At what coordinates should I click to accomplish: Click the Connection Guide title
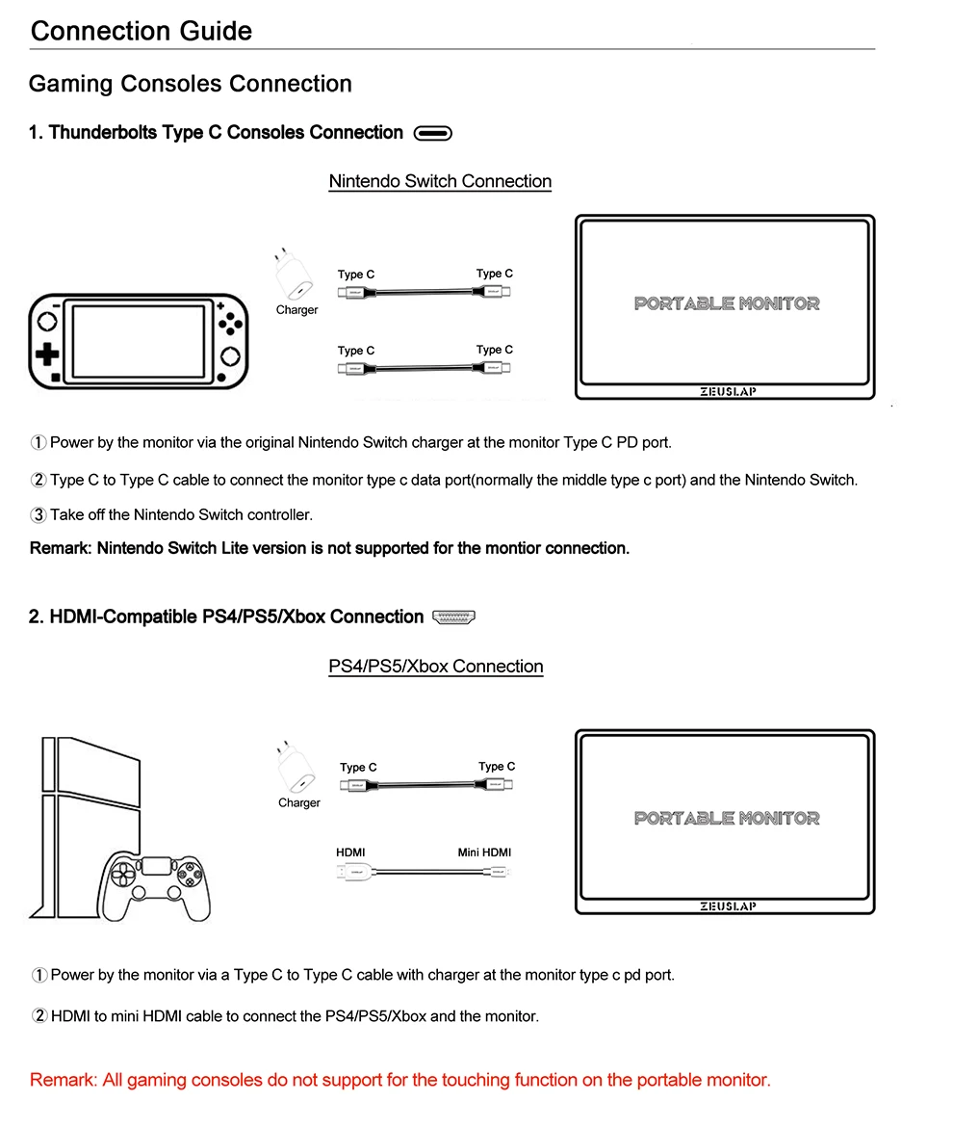tap(141, 31)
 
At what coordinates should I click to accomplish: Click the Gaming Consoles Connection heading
tap(190, 84)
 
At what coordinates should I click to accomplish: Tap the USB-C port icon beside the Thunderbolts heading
tap(432, 134)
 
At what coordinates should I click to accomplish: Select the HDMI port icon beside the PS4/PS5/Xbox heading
tap(455, 617)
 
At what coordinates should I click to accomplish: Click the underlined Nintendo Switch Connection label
tap(440, 181)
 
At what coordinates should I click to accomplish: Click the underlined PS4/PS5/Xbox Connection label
tap(435, 667)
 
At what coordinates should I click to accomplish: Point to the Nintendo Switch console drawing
tap(138, 341)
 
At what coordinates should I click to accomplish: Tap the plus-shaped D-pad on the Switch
tap(46, 354)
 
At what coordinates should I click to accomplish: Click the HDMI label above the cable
tap(350, 853)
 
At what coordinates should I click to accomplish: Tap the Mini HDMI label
tap(484, 853)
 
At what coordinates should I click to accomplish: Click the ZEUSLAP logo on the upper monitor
tap(726, 392)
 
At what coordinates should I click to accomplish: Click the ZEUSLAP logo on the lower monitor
tap(726, 906)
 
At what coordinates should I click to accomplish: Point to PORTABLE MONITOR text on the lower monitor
tap(727, 818)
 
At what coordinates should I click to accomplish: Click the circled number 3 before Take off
tap(39, 515)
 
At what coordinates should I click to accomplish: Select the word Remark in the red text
tap(61, 1080)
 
